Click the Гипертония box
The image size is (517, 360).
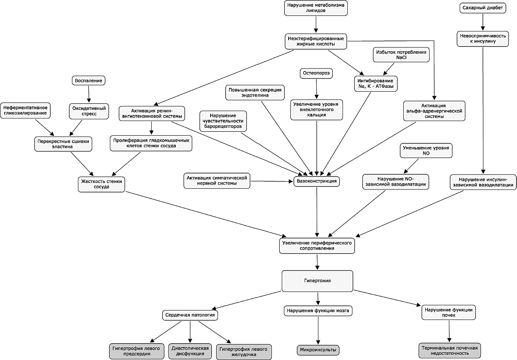318,281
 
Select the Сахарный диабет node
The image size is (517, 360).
483,8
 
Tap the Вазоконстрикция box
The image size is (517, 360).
317,181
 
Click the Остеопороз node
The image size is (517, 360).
316,73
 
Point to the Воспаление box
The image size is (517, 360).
89,81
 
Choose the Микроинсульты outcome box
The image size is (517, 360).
318,350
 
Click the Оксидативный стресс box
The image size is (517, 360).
89,111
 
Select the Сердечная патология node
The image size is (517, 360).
190,315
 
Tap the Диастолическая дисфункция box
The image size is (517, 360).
190,351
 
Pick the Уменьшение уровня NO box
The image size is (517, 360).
426,151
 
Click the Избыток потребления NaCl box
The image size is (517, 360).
401,55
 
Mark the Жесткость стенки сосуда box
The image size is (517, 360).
101,184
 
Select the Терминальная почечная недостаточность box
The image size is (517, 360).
450,351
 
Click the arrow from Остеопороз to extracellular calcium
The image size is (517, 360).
316,89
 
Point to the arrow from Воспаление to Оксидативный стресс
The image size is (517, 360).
89,94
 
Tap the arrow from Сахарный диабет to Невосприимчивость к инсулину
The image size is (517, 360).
483,22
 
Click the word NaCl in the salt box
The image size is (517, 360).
401,58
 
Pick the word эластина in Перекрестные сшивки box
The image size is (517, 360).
62,147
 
